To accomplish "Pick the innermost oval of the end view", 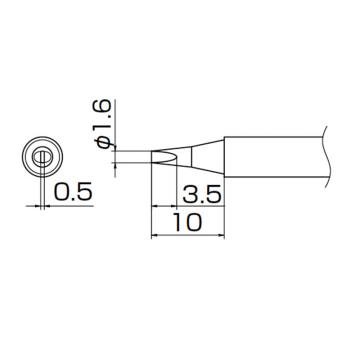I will [x=41, y=158].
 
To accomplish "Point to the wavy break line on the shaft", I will [x=326, y=156].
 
